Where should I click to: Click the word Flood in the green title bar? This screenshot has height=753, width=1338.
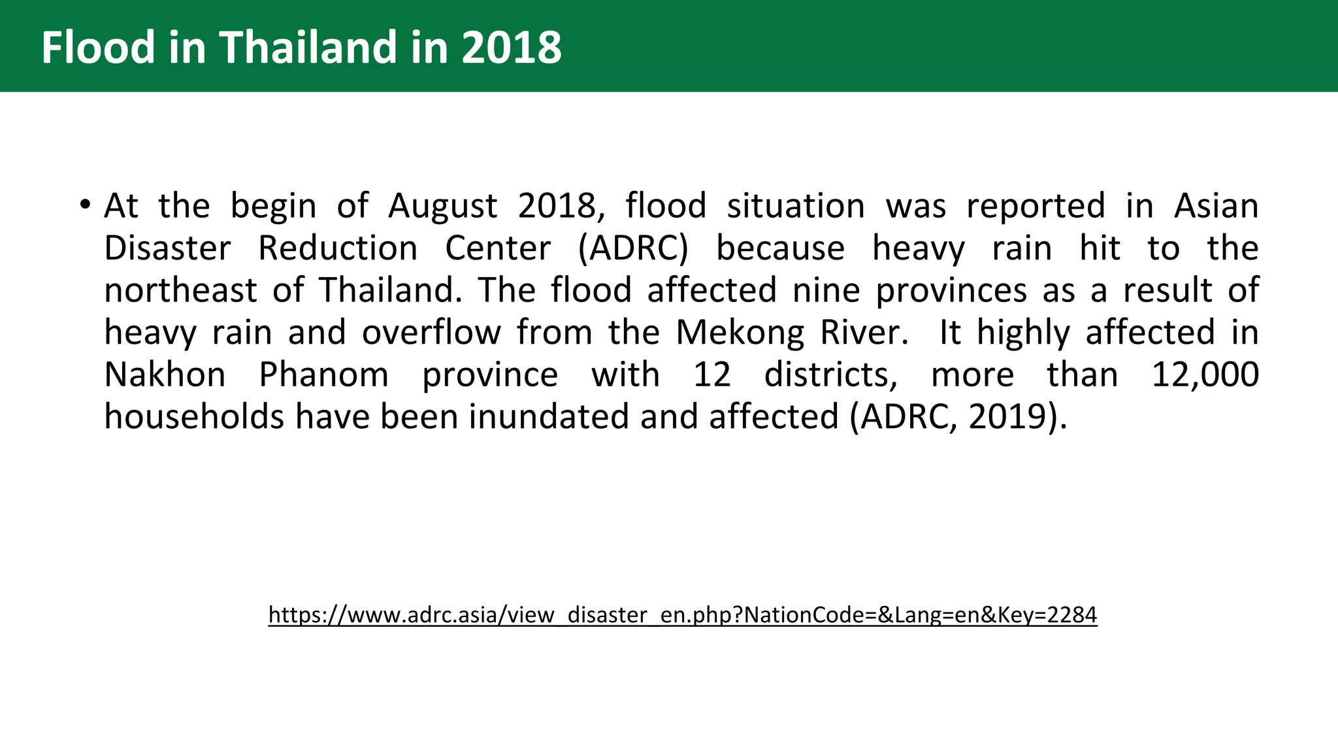point(98,47)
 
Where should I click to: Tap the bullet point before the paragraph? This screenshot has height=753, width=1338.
point(84,205)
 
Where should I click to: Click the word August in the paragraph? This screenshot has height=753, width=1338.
point(443,207)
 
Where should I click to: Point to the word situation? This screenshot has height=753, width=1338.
point(796,207)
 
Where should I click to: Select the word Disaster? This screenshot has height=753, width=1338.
point(167,248)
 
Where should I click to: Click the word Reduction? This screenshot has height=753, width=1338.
point(338,248)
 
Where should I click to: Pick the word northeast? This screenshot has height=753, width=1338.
point(180,290)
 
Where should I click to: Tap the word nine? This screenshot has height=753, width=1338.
point(826,290)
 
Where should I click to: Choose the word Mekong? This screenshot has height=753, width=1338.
point(740,333)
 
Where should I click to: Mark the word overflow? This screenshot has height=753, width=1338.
point(431,333)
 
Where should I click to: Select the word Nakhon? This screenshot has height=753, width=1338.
point(165,375)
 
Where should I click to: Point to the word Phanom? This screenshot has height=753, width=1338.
point(323,375)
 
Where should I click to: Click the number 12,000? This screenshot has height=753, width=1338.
point(1205,375)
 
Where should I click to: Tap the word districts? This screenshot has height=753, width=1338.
point(830,375)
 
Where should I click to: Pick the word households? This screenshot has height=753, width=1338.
point(194,416)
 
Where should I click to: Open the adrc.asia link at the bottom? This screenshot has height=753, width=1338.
point(682,614)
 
